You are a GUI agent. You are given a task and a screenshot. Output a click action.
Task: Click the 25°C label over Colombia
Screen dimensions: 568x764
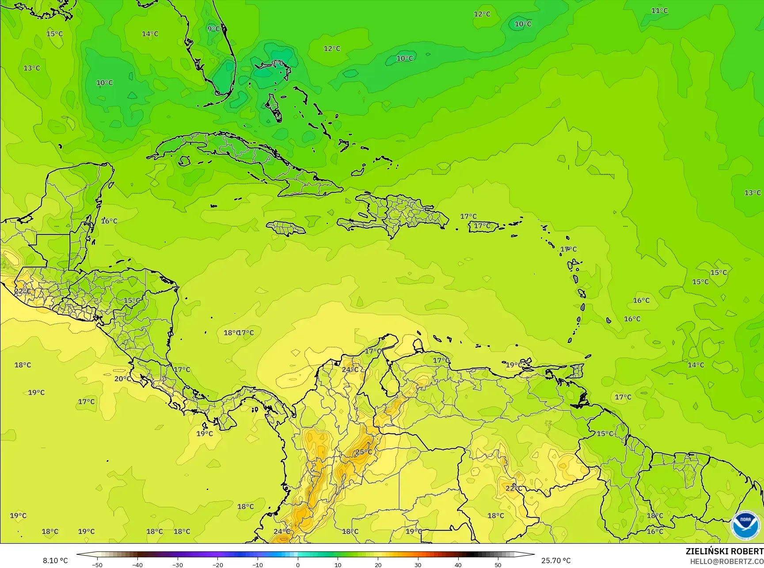[364, 452]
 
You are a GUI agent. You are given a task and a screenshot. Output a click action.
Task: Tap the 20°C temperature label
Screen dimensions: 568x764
[122, 379]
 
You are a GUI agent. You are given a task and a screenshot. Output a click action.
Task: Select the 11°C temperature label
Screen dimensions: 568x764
[659, 11]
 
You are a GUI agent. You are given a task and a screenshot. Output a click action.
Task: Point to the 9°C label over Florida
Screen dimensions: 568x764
[213, 29]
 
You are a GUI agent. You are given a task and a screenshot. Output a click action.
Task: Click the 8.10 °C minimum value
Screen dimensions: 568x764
[55, 560]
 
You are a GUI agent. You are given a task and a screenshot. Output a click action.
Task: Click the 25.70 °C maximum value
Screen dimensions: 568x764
[556, 560]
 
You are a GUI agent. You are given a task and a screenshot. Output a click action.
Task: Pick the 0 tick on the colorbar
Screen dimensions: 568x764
[298, 564]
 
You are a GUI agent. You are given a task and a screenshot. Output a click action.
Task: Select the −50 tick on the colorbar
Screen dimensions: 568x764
[97, 564]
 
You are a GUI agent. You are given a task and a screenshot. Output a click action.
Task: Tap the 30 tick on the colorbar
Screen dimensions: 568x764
[418, 564]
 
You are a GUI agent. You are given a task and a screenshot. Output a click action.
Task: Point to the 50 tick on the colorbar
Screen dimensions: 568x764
[498, 564]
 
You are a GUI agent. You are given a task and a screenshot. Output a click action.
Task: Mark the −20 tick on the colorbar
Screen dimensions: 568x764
[217, 564]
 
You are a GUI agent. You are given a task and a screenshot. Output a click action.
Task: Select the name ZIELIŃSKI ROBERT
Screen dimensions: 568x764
[724, 551]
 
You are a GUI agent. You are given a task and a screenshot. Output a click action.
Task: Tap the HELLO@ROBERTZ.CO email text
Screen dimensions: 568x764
[727, 561]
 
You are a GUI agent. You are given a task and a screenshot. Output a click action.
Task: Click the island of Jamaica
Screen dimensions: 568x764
[286, 228]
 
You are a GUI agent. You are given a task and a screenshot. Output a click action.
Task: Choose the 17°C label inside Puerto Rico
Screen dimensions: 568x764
[482, 226]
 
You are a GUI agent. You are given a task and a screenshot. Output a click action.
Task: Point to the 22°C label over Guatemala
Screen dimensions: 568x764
[23, 291]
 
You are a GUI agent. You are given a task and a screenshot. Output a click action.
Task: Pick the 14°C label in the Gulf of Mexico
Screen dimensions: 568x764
[150, 34]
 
